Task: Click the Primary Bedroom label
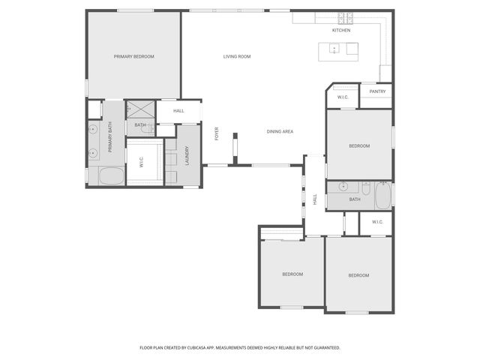133,56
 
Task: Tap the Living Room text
236,56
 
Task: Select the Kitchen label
341,30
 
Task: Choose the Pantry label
377,91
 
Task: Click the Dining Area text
280,131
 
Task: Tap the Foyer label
217,134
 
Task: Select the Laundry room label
187,155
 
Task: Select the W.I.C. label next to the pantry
342,97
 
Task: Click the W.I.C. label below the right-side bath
376,221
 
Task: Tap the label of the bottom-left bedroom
292,274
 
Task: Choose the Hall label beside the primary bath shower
178,111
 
